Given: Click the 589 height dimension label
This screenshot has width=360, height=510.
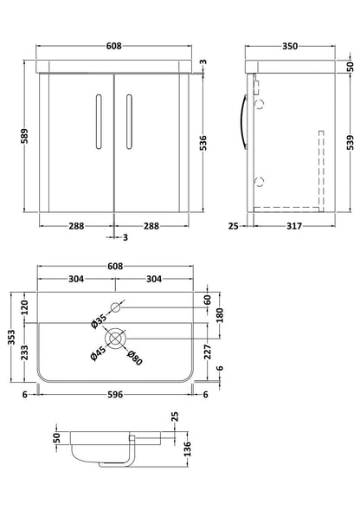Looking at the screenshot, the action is pyautogui.click(x=25, y=136).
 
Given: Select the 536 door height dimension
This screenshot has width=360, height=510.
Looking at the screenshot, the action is pyautogui.click(x=202, y=143).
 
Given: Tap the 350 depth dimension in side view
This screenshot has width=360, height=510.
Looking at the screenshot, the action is pyautogui.click(x=290, y=47).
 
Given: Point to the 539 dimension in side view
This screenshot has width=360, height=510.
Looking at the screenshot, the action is pyautogui.click(x=350, y=143).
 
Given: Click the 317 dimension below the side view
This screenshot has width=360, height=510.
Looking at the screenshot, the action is pyautogui.click(x=294, y=226).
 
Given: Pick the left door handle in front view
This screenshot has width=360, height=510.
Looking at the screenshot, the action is pyautogui.click(x=99, y=121).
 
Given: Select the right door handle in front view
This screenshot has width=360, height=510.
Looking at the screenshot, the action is pyautogui.click(x=130, y=121).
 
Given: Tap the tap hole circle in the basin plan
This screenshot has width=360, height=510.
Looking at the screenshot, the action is pyautogui.click(x=115, y=307).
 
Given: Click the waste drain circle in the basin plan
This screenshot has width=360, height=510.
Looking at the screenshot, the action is pyautogui.click(x=115, y=339).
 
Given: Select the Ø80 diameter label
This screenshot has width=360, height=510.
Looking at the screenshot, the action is pyautogui.click(x=135, y=357).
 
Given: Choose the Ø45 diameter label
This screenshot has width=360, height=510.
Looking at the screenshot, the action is pyautogui.click(x=98, y=353).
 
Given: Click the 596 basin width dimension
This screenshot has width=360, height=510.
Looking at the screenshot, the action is pyautogui.click(x=115, y=395).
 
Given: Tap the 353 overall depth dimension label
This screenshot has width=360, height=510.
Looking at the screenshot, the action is pyautogui.click(x=11, y=338).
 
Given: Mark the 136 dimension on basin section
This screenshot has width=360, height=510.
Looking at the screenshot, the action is pyautogui.click(x=187, y=449).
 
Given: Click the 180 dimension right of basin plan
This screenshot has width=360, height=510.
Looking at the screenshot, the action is pyautogui.click(x=220, y=315).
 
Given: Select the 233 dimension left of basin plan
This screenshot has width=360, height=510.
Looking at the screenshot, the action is pyautogui.click(x=25, y=352).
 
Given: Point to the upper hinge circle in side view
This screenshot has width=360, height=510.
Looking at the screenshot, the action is pyautogui.click(x=260, y=104).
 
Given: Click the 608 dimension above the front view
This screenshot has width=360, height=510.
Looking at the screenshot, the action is pyautogui.click(x=114, y=46).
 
